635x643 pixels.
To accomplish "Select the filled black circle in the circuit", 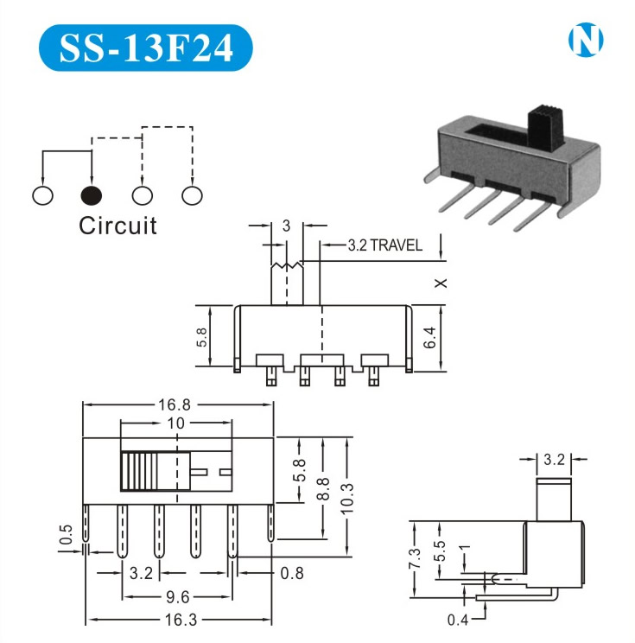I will point(92,195).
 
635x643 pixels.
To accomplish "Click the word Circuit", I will point(118,226).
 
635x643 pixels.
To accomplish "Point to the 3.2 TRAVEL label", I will point(385,245).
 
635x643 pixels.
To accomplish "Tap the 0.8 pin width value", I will point(292,571).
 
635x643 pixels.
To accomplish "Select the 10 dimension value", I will point(176,424).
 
